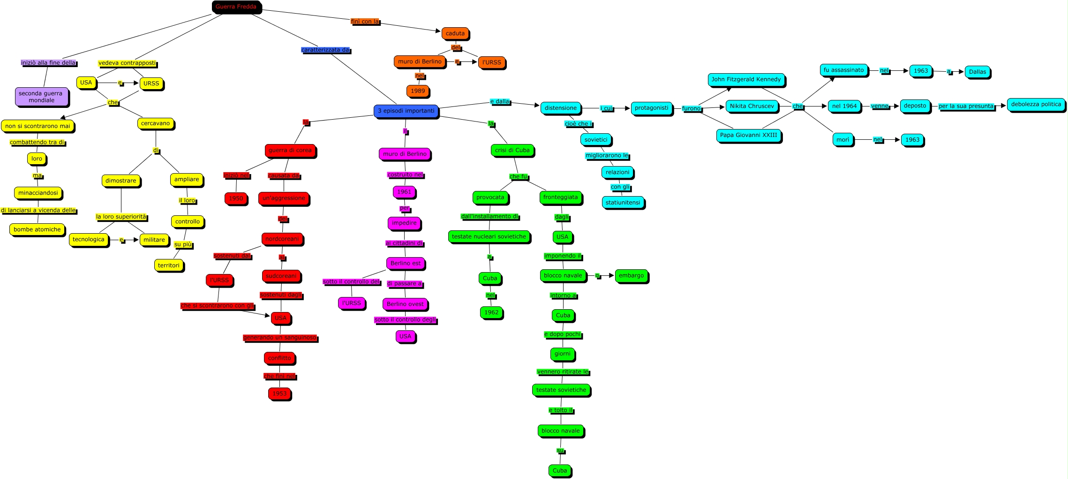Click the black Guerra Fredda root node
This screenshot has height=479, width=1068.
pos(236,7)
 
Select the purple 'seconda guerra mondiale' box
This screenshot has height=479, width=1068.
pos(41,97)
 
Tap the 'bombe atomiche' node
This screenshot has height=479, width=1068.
pos(37,229)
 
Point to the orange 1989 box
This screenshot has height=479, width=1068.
pos(417,91)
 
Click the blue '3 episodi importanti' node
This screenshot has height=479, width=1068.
pos(406,111)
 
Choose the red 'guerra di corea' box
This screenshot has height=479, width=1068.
pos(290,150)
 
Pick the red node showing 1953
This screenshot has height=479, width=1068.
pos(279,394)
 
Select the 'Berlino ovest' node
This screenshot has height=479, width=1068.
pos(405,304)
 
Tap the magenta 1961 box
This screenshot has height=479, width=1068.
pos(404,192)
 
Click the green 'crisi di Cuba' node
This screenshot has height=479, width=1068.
pos(512,150)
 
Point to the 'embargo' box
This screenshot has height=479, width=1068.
pos(631,275)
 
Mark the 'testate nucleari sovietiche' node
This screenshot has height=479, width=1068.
pos(489,236)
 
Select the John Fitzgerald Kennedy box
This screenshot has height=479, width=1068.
pos(746,79)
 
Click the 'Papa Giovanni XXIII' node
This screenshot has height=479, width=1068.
pos(748,135)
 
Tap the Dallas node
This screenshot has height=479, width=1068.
pos(978,72)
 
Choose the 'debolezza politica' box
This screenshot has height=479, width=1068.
pos(1036,105)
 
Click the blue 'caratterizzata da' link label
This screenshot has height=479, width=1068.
pos(325,50)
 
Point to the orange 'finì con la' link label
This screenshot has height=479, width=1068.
pos(364,22)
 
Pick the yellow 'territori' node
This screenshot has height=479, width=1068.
pos(168,265)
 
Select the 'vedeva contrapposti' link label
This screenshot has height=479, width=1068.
pos(127,63)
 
